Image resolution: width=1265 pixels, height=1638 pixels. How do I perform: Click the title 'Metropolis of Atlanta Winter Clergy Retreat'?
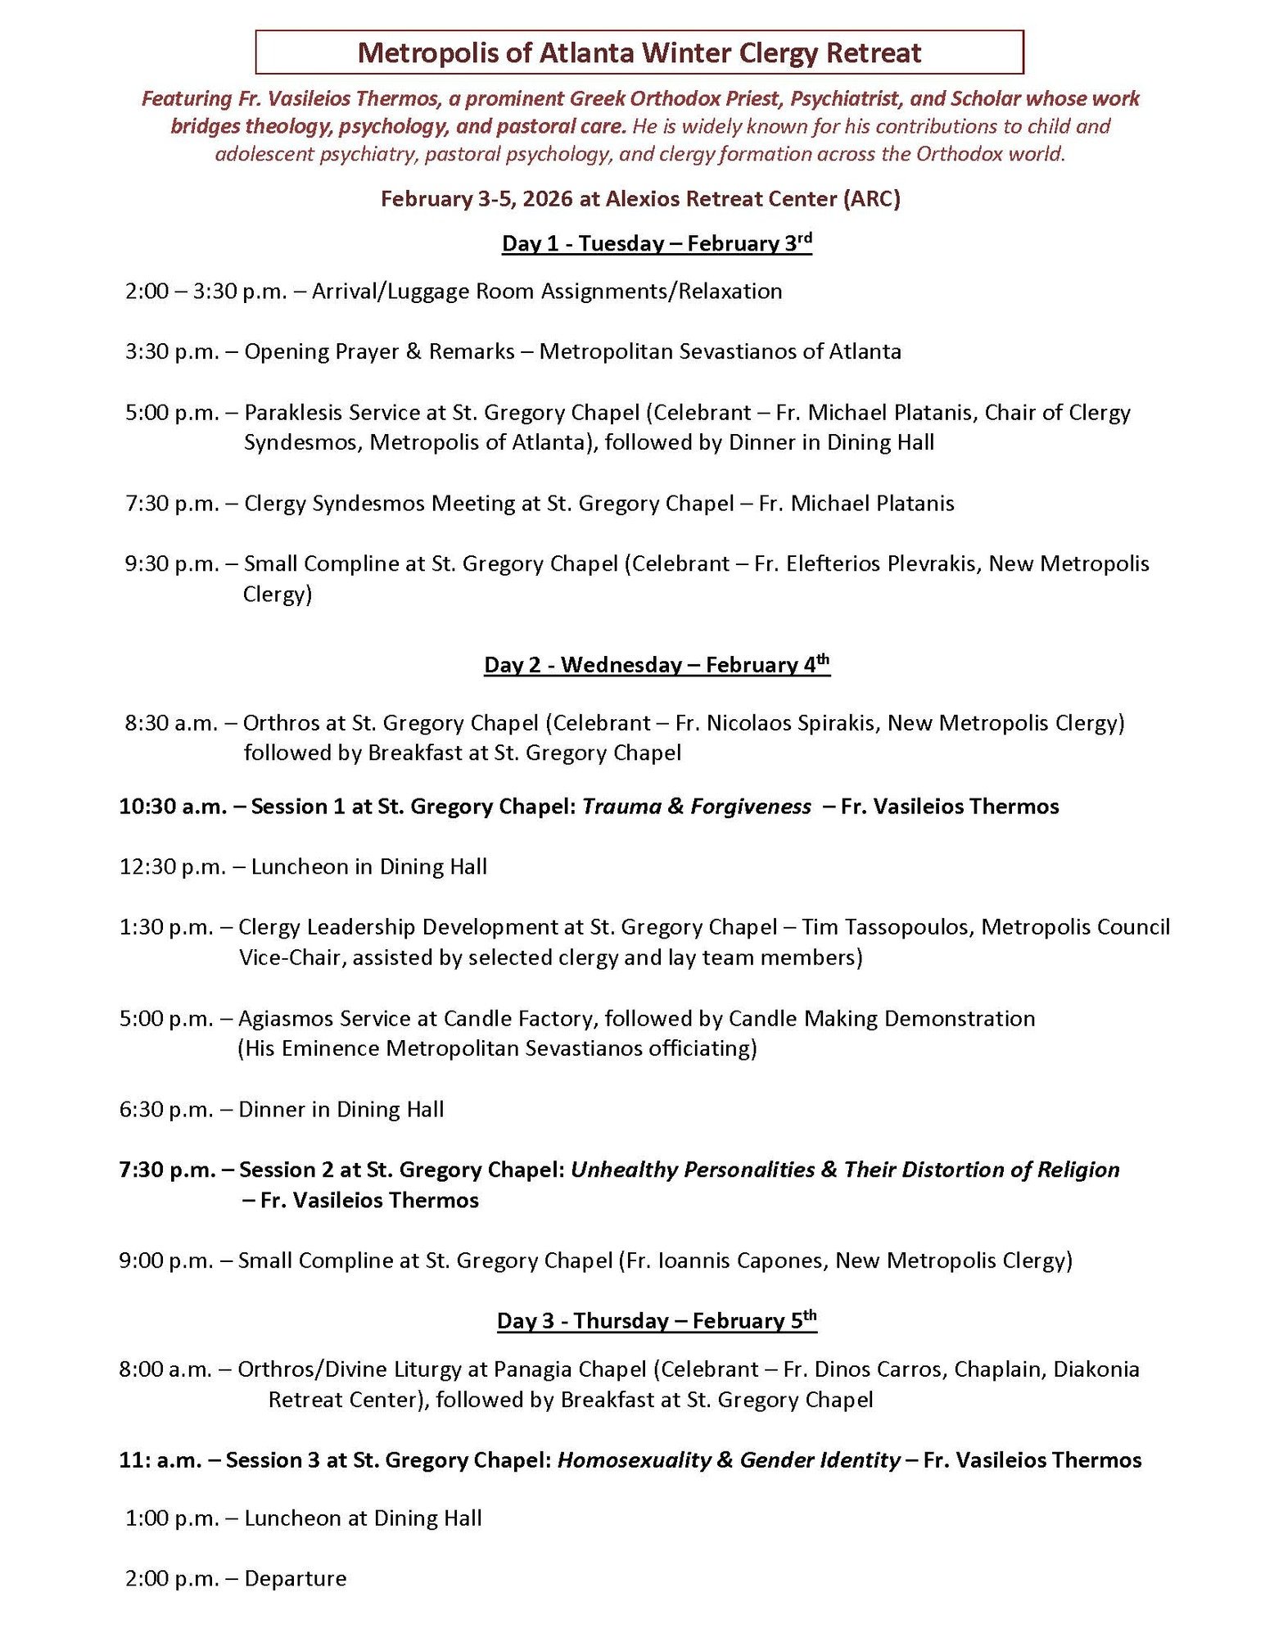coord(639,53)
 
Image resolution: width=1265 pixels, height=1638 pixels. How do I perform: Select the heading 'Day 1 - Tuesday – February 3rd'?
coord(657,243)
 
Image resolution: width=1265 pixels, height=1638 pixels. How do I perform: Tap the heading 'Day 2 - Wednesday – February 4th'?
coord(657,664)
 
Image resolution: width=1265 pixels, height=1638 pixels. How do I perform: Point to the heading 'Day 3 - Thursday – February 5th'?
coord(657,1320)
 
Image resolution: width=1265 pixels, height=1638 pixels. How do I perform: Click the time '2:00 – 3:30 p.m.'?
coord(206,292)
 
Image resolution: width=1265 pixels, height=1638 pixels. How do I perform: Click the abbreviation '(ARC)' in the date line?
coord(873,199)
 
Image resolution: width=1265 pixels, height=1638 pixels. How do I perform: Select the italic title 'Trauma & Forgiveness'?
coord(697,807)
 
